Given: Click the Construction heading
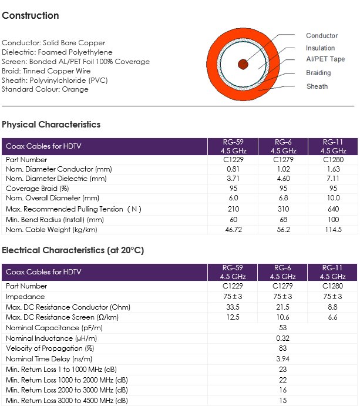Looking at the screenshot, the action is [31, 15].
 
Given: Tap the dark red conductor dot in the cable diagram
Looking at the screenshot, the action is [243, 64].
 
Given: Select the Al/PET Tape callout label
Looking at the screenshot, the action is [325, 59].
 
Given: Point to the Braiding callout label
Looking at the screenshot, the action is [318, 73].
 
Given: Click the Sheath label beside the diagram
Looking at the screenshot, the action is [317, 86].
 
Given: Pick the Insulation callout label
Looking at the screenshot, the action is [320, 48].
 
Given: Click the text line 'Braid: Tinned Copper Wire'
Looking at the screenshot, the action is [46, 71].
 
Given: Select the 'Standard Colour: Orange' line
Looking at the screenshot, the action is [45, 89].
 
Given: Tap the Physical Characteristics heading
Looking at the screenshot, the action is [51, 125].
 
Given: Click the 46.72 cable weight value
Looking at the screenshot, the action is [233, 230].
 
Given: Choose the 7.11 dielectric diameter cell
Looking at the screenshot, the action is [333, 179].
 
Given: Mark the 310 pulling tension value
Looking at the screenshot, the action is [283, 209].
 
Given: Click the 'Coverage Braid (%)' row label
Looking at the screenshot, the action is [37, 189].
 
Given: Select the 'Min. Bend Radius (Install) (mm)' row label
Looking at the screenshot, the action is [55, 220].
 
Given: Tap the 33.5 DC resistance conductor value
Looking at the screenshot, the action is [233, 307].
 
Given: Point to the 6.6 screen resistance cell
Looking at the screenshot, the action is [332, 317].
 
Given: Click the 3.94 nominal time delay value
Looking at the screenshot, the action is [282, 359].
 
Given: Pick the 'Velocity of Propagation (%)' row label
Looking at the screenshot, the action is [50, 348].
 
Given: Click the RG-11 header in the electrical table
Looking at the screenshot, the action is [332, 268].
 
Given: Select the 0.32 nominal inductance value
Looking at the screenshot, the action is [282, 338].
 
